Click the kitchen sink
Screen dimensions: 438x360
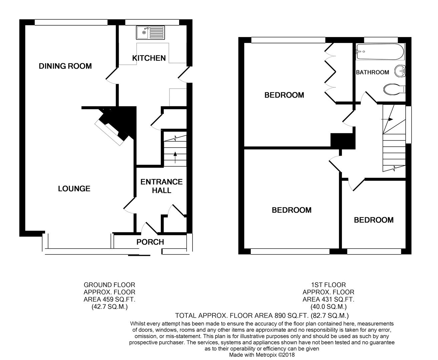click(x=150, y=33)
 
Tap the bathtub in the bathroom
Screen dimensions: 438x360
click(x=380, y=52)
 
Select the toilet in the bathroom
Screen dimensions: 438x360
click(x=394, y=90)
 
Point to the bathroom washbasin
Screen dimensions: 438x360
click(x=400, y=71)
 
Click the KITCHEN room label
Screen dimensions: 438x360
click(x=149, y=58)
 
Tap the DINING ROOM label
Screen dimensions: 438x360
click(x=65, y=66)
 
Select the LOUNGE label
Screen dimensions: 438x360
click(x=74, y=189)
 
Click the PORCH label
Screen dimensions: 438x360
click(x=150, y=242)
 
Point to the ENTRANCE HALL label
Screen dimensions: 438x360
click(x=161, y=186)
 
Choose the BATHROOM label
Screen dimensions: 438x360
click(x=372, y=72)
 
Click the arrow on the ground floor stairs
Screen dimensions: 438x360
click(x=175, y=157)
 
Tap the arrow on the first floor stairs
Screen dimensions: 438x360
click(x=388, y=119)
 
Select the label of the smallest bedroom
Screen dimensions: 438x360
click(x=374, y=220)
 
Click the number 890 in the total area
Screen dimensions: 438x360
click(x=280, y=316)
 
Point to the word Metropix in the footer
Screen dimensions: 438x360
click(x=266, y=355)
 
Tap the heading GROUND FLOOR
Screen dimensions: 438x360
click(x=109, y=285)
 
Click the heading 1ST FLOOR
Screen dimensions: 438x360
click(x=328, y=285)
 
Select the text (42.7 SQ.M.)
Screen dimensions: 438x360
click(x=109, y=307)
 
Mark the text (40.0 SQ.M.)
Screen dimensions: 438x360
click(x=329, y=307)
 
